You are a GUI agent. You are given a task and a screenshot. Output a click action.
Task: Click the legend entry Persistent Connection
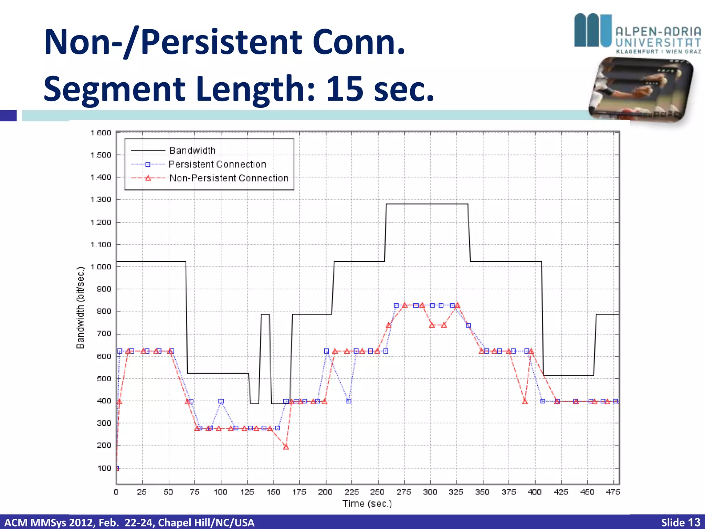(x=217, y=164)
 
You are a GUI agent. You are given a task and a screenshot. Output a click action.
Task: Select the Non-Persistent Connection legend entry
(x=229, y=178)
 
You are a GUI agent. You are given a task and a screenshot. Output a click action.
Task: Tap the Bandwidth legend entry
(x=192, y=151)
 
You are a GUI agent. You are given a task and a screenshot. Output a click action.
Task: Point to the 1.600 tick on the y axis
(x=101, y=133)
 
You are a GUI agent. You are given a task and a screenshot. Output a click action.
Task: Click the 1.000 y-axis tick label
(x=101, y=267)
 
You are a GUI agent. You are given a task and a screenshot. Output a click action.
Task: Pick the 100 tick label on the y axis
(x=104, y=468)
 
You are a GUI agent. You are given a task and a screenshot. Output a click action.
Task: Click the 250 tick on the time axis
(x=377, y=492)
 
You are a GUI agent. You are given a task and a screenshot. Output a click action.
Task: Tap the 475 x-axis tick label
(x=613, y=492)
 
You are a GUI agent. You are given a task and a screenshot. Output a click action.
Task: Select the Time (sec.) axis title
(x=367, y=504)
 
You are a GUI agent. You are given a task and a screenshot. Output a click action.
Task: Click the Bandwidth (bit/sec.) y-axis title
(x=80, y=308)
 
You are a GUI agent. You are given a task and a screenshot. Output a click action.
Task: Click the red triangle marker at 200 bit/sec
(x=286, y=447)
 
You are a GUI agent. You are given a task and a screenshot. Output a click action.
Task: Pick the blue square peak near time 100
(x=221, y=401)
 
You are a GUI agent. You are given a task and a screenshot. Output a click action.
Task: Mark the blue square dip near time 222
(x=349, y=401)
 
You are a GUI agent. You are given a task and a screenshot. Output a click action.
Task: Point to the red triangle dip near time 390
(x=525, y=402)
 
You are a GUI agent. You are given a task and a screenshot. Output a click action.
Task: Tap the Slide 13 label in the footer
(x=680, y=522)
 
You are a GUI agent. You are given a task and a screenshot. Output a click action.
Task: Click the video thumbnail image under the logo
(x=640, y=90)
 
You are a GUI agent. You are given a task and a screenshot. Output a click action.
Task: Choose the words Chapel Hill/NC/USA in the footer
(x=206, y=522)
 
